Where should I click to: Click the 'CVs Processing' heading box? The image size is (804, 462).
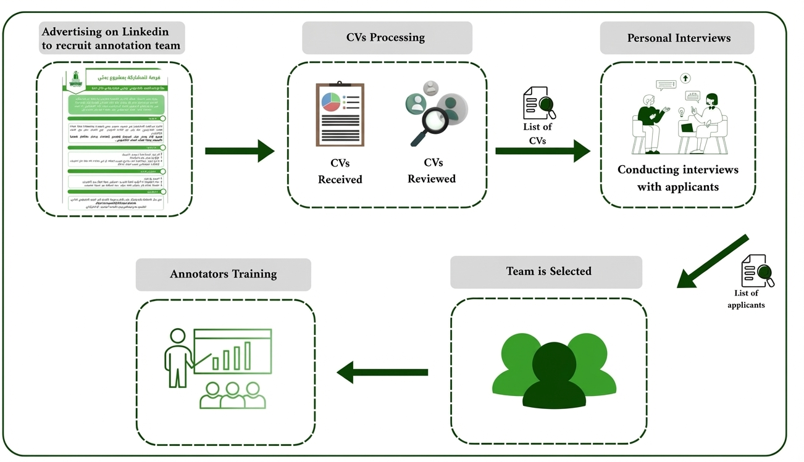387,38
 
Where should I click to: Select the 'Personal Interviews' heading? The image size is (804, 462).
678,38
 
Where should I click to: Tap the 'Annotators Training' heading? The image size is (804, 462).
223,274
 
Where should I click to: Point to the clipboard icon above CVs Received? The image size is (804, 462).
340,115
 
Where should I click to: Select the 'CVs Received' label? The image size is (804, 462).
340,171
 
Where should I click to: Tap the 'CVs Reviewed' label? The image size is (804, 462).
431,171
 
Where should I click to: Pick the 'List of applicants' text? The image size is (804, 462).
746,299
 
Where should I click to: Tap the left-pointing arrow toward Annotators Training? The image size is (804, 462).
382,373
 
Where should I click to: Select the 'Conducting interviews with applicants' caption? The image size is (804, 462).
677,178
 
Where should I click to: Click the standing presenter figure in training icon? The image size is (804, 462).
178,357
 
